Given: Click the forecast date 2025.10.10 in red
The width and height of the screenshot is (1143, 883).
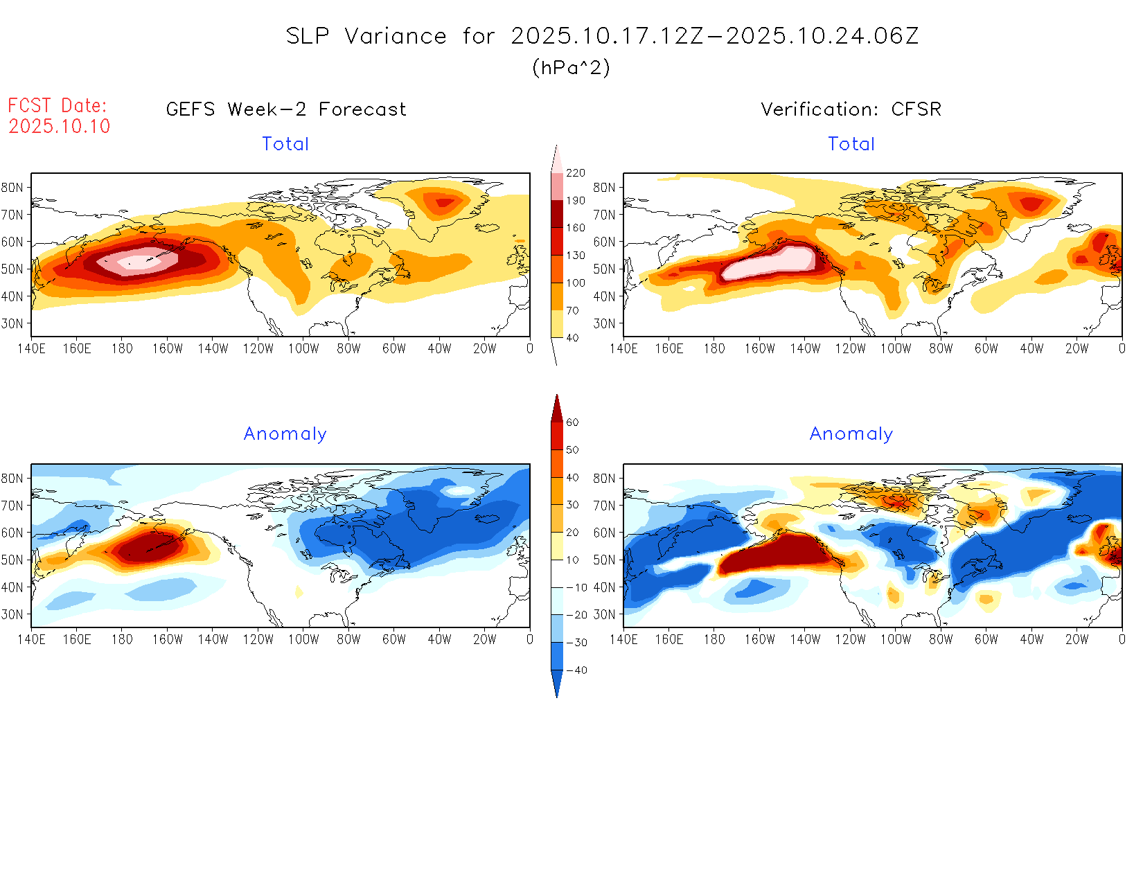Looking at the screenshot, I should [x=59, y=126].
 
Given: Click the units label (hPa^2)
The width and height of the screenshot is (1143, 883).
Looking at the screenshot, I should [x=571, y=67].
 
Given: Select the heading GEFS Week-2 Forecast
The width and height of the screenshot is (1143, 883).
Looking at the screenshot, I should [x=286, y=109].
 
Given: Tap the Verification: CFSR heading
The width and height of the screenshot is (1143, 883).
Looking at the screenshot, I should [x=851, y=109].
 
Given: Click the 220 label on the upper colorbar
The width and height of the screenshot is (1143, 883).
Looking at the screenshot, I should [x=575, y=173].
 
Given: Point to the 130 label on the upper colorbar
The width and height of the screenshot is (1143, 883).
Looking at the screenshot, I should [x=575, y=256].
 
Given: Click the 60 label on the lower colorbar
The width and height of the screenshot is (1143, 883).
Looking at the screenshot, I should [x=572, y=422].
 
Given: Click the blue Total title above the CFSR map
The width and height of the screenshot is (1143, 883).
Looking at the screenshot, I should [x=851, y=144].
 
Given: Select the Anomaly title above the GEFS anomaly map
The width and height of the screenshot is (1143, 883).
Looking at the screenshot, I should [x=285, y=434].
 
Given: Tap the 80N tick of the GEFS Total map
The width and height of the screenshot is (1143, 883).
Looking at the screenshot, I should [x=12, y=188].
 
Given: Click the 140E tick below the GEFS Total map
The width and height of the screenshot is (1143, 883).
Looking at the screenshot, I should [x=31, y=349].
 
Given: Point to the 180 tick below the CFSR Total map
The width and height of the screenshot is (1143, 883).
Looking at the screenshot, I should [x=714, y=349].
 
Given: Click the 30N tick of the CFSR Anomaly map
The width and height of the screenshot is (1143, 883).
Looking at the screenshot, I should [x=604, y=614].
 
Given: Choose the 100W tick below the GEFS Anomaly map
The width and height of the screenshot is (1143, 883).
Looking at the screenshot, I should [x=303, y=640].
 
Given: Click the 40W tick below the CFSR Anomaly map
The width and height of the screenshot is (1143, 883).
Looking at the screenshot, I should [x=1031, y=640].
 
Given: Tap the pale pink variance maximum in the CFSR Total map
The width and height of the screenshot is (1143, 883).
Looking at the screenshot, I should [x=769, y=263].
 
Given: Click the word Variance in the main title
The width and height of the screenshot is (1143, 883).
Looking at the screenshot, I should [x=396, y=36].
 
